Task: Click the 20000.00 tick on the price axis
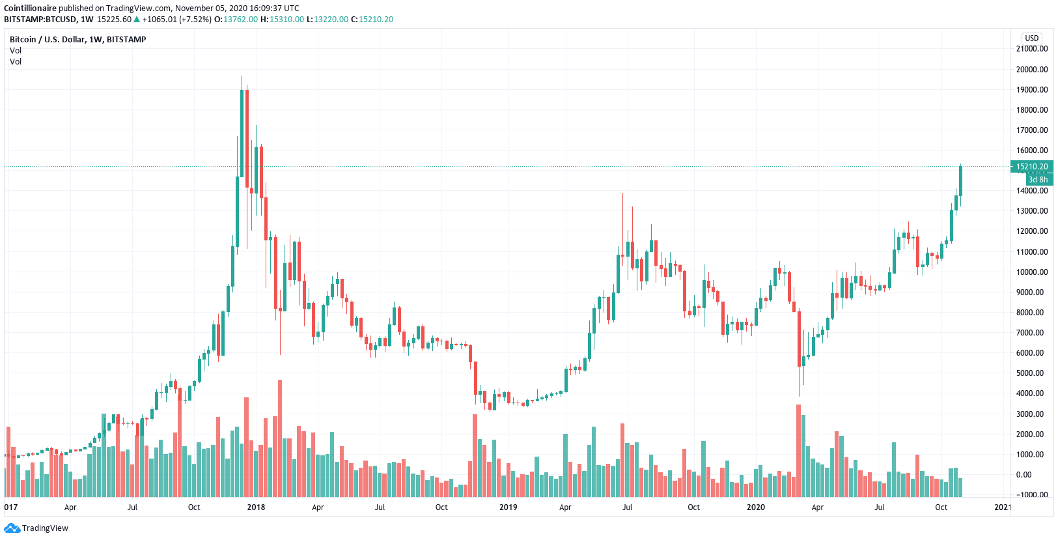tap(1032, 70)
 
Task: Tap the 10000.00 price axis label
tap(1032, 272)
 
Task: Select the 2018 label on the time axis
tap(256, 507)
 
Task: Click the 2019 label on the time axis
tap(508, 507)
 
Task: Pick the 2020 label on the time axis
tap(755, 507)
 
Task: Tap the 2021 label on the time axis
tap(1003, 507)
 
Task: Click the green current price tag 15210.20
tap(1032, 167)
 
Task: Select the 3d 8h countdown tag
tap(1038, 180)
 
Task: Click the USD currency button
tap(1032, 38)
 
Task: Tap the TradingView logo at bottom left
tap(36, 528)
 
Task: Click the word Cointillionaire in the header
tap(31, 8)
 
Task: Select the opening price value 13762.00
tap(240, 20)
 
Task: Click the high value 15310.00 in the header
tap(286, 20)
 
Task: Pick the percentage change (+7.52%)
tap(195, 20)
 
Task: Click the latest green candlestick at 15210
tap(960, 181)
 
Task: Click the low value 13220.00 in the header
tap(331, 20)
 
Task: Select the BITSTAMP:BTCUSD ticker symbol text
tap(40, 20)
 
